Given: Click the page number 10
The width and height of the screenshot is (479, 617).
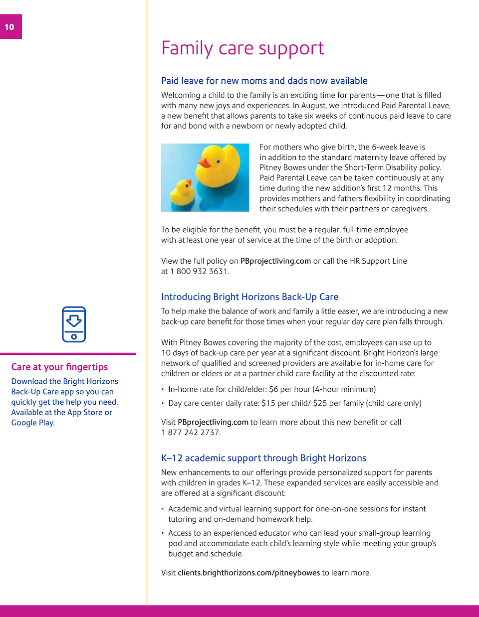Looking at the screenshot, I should click(9, 27).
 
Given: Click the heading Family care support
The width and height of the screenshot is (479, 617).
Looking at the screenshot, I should click(242, 48).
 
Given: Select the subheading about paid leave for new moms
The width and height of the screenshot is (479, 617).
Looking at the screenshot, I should click(264, 81).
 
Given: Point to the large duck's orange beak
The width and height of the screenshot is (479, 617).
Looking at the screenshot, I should click(205, 162).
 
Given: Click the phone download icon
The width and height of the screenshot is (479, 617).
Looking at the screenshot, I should click(74, 324).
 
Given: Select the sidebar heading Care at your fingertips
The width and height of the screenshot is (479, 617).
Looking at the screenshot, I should click(59, 367).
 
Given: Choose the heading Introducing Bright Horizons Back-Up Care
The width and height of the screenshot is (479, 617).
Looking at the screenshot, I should click(249, 297).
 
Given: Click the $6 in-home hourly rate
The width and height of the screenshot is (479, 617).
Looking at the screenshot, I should click(274, 389).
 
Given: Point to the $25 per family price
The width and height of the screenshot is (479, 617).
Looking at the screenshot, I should click(320, 403).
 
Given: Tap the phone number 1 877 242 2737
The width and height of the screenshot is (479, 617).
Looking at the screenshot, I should click(191, 433).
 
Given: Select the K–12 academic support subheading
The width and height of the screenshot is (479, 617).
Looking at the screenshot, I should click(263, 458).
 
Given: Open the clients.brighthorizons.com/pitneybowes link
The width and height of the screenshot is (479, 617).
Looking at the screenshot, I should click(248, 573).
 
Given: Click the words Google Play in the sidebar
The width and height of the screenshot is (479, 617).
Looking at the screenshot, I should click(32, 423).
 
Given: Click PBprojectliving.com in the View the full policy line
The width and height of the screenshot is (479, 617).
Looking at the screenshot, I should click(275, 261).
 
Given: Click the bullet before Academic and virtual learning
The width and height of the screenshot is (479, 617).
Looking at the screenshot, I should click(163, 509).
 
